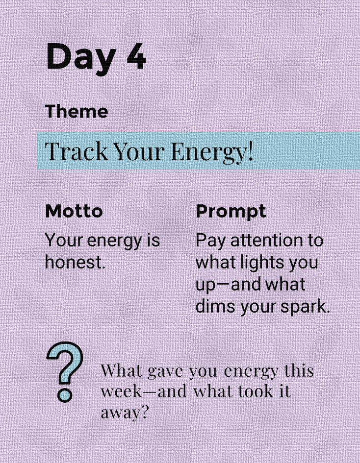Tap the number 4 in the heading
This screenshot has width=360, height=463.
(136, 56)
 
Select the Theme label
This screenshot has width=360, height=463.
(77, 111)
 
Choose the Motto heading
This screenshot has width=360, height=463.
(74, 211)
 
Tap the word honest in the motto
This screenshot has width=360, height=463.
(75, 262)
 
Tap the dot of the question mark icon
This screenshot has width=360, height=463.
(65, 395)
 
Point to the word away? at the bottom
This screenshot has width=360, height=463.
(124, 413)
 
